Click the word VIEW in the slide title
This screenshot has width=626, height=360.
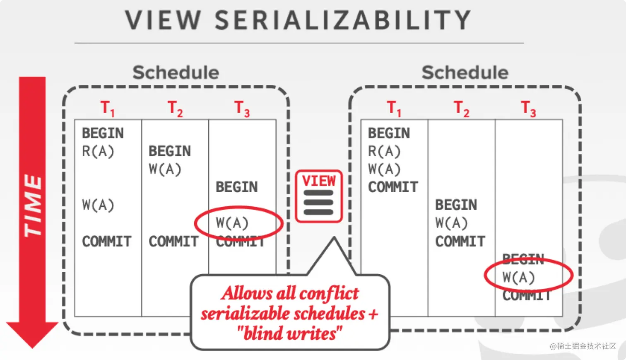(x=163, y=20)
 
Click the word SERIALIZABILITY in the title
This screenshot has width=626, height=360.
(x=343, y=20)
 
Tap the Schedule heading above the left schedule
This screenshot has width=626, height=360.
(x=176, y=72)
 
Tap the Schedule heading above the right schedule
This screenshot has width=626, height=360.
(x=465, y=72)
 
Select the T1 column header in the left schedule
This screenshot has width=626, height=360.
(x=108, y=108)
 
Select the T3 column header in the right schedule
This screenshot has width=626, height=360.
(x=528, y=108)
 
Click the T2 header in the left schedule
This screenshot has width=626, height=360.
(x=175, y=108)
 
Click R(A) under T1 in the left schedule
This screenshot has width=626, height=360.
(x=98, y=151)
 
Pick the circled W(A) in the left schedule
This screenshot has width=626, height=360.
(x=232, y=223)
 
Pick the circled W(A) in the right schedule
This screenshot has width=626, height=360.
(x=518, y=277)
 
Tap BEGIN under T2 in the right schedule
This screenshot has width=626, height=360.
(x=456, y=205)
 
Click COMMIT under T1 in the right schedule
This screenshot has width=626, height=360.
(x=393, y=187)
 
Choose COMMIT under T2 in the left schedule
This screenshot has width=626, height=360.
(x=173, y=242)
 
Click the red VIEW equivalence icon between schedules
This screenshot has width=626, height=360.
(x=318, y=196)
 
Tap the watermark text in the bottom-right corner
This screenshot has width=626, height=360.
(x=583, y=346)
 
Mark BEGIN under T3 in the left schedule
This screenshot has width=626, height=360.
(x=236, y=187)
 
